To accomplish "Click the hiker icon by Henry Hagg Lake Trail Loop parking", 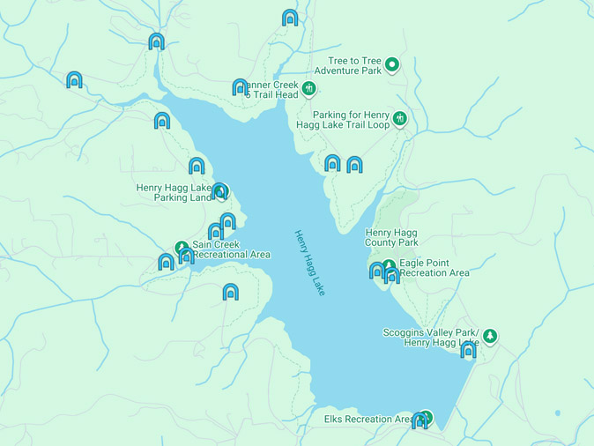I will (400, 118).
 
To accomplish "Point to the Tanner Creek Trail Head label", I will (269, 89).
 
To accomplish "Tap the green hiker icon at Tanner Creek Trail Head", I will (308, 88).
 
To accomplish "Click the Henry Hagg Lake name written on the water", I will (309, 262).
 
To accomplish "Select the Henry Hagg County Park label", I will (391, 237).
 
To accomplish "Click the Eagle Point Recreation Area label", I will (434, 267).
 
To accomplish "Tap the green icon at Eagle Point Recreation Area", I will (389, 265).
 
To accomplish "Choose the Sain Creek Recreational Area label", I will (231, 249).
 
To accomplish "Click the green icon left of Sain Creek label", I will (182, 248).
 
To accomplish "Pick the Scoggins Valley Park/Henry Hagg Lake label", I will (431, 337).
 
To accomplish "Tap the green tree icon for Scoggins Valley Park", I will (490, 336).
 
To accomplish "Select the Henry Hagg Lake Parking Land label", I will (174, 192).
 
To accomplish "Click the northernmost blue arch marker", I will (290, 18).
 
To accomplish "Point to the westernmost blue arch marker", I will (74, 80).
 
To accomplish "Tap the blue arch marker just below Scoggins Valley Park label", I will (468, 351).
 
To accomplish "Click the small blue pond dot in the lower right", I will (557, 413).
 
